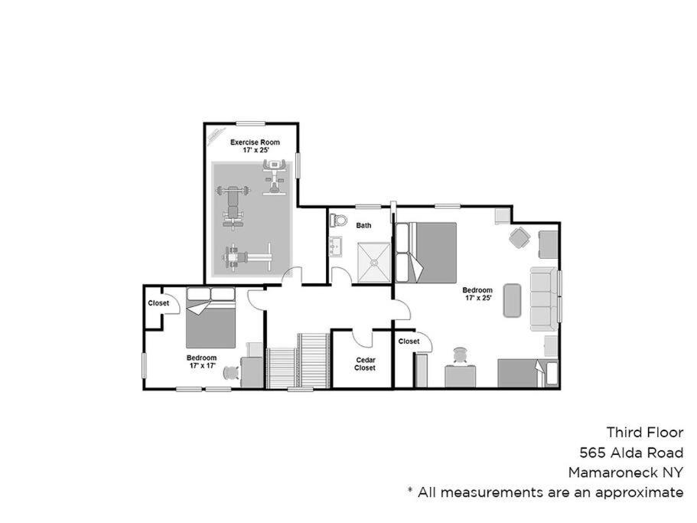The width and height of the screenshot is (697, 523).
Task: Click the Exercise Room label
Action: click(x=255, y=142)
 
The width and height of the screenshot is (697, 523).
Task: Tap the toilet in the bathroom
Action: click(x=338, y=220)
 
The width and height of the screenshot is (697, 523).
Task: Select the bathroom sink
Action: click(x=334, y=247)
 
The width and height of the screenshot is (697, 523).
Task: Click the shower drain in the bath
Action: click(x=374, y=263)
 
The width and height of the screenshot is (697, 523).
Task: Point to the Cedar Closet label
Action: click(x=366, y=364)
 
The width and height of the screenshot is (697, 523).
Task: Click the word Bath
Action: click(x=363, y=225)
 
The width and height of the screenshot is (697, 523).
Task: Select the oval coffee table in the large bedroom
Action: click(x=512, y=300)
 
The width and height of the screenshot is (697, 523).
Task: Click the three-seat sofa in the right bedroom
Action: click(x=544, y=299)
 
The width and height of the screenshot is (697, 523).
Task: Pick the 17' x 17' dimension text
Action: click(x=202, y=365)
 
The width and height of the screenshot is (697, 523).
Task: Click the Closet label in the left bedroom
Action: click(x=158, y=303)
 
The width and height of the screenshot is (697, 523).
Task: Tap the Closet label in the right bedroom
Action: click(x=409, y=342)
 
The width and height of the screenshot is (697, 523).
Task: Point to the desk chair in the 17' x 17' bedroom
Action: click(x=231, y=372)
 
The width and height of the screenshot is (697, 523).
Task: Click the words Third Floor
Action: click(x=645, y=433)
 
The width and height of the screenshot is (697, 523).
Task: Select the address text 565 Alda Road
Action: click(x=631, y=453)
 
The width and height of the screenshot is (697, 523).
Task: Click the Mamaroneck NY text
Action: click(x=626, y=472)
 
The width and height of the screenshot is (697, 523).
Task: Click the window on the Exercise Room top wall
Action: click(x=251, y=123)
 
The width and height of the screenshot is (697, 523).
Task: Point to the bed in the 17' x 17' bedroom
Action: click(x=210, y=318)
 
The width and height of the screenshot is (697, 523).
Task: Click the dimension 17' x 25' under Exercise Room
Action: click(x=256, y=150)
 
